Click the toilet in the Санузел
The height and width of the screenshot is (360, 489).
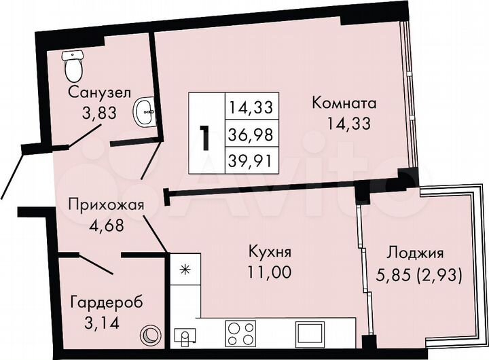coord(71,65)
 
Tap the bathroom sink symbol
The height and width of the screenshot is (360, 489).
coord(145,111)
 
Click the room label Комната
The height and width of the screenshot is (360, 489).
coord(344,104)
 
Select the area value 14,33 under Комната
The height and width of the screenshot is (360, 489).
coord(344,125)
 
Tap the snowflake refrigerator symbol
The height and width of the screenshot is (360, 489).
coord(183,269)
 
